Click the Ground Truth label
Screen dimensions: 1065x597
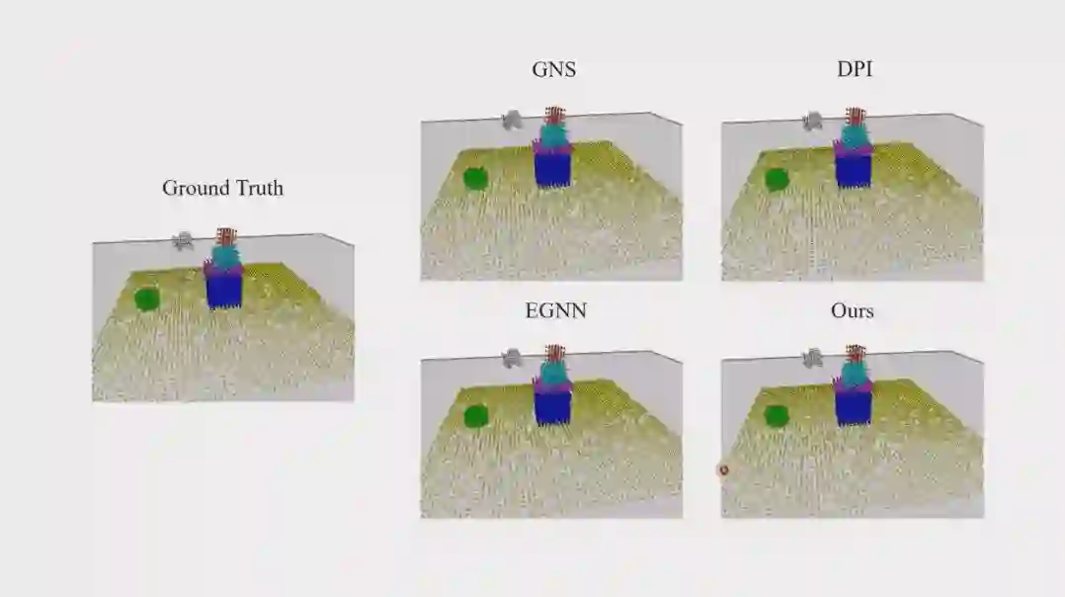(222, 188)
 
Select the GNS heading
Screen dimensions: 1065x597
(553, 70)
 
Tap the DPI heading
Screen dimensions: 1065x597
(854, 70)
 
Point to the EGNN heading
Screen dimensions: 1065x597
(555, 310)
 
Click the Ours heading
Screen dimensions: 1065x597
(852, 310)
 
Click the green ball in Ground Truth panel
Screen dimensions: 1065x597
(147, 298)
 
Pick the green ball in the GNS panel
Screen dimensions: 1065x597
(475, 178)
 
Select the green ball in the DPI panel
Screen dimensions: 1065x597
(777, 179)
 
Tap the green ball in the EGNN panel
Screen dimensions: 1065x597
(475, 416)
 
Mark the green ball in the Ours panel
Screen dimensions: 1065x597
(777, 416)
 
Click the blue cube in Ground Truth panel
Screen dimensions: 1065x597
(224, 288)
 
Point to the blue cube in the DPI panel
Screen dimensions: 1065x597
(853, 167)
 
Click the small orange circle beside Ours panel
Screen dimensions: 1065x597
(723, 470)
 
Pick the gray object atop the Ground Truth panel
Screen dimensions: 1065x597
(183, 240)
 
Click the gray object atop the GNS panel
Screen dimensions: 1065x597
(512, 120)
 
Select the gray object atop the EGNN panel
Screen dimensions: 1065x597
(512, 358)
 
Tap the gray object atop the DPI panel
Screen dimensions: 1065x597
(813, 121)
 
